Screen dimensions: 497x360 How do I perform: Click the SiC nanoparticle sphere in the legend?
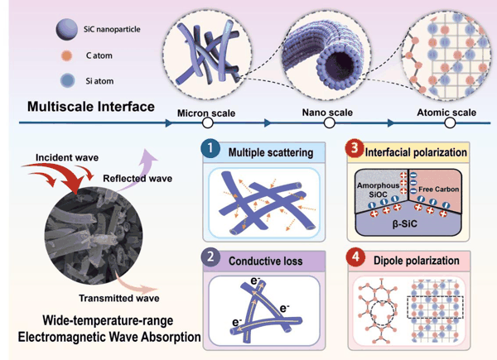(x=67, y=30)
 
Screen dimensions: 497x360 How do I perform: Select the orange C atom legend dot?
(x=66, y=55)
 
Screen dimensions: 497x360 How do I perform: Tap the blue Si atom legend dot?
(x=68, y=81)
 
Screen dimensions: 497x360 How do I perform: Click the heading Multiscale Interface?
(x=91, y=107)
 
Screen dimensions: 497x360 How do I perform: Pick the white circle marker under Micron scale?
(x=208, y=122)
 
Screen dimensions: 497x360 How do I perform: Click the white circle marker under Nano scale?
(x=330, y=122)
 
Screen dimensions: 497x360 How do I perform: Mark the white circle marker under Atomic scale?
(x=450, y=122)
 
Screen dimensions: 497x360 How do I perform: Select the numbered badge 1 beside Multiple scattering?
(x=210, y=148)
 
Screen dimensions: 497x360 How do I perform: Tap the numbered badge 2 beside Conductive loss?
(x=210, y=257)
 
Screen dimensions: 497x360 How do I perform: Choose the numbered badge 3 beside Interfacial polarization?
(x=355, y=148)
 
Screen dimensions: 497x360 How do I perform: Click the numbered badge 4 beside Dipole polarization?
(x=355, y=257)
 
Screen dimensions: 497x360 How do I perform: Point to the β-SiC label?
(x=405, y=224)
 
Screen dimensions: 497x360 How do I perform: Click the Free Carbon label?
(x=439, y=190)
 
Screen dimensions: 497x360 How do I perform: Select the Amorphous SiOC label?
(x=378, y=190)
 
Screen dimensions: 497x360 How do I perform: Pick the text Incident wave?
(x=67, y=157)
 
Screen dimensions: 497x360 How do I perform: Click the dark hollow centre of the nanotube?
(x=340, y=65)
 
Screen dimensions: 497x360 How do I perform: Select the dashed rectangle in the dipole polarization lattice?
(x=435, y=307)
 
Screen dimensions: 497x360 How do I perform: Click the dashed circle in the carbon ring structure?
(x=371, y=313)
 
